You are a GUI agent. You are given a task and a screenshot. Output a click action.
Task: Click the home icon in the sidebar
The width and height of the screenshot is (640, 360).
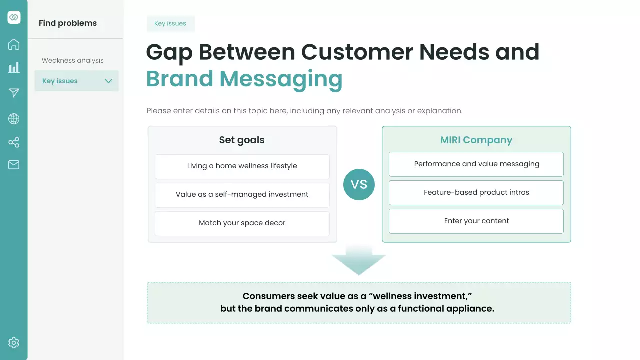coord(13,44)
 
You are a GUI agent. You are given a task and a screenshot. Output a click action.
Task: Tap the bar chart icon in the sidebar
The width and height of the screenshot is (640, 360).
coord(13,68)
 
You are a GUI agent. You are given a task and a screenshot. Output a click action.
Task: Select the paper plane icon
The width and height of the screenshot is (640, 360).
coord(14,92)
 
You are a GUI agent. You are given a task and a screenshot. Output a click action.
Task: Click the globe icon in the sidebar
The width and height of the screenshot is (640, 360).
coord(13,119)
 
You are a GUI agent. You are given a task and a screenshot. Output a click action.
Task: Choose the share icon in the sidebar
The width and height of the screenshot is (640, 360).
coord(13,142)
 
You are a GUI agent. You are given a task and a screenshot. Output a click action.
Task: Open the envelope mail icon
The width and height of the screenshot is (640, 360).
coord(13,165)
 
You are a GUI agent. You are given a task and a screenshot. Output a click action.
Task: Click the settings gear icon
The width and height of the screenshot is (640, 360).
coord(13,343)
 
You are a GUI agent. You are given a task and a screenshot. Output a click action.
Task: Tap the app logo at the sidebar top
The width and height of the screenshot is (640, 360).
coord(14,17)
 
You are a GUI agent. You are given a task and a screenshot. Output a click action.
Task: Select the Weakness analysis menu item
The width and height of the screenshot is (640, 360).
coord(73,60)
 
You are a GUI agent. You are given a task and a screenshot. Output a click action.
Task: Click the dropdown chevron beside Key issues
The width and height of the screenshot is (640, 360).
coord(108,81)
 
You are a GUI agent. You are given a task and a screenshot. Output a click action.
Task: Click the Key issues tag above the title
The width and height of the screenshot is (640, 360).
coord(170,23)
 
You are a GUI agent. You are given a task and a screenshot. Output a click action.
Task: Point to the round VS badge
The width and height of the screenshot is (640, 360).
coord(359,184)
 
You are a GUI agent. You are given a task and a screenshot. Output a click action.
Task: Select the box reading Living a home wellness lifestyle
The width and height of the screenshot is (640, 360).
coord(242,167)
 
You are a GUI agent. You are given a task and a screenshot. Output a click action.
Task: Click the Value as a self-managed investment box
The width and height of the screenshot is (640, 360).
coord(242,195)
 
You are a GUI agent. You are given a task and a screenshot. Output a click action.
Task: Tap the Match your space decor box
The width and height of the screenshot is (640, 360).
coord(242,223)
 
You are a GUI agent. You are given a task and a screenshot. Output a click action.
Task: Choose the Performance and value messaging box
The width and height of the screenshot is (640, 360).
coord(476,164)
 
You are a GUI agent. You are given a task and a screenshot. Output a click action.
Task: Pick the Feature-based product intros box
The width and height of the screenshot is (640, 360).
coord(476,193)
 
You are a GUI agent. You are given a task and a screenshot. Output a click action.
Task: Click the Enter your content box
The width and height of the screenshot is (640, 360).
coord(476,221)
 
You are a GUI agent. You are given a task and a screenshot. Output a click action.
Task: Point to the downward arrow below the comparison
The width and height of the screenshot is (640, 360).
coord(359,260)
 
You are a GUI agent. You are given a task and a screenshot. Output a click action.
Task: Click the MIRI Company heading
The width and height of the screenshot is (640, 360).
coord(476,140)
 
